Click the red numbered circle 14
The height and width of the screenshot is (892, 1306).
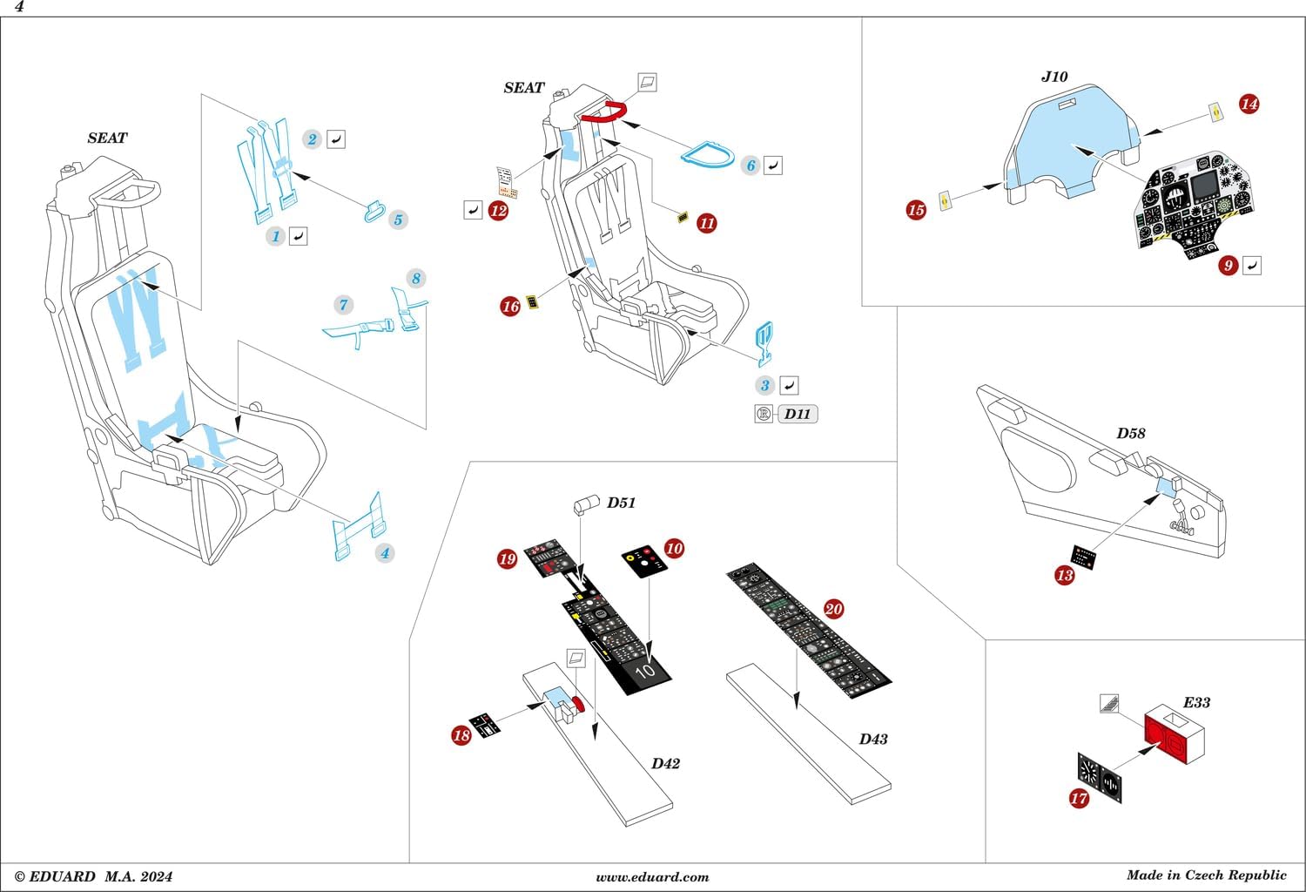[1249, 104]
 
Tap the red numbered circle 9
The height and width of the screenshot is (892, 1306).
[1228, 265]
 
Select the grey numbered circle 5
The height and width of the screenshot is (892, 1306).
[398, 220]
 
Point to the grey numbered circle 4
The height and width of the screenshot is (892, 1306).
[384, 552]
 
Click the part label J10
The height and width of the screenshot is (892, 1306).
[1054, 77]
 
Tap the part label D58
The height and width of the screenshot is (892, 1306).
[1131, 433]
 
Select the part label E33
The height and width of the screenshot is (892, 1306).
[1196, 702]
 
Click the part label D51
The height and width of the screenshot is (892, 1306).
[621, 503]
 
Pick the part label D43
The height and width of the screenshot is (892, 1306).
[873, 739]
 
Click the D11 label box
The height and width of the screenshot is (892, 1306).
[797, 414]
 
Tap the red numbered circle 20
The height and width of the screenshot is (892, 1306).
[833, 609]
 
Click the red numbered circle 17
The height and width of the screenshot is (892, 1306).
[1079, 797]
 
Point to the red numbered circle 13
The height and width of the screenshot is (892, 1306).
[1064, 575]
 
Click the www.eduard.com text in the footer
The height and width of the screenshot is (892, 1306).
[652, 877]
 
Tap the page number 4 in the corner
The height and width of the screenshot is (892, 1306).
[19, 7]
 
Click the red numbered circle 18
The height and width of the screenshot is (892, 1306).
[461, 735]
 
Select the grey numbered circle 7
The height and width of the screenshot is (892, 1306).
[344, 304]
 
